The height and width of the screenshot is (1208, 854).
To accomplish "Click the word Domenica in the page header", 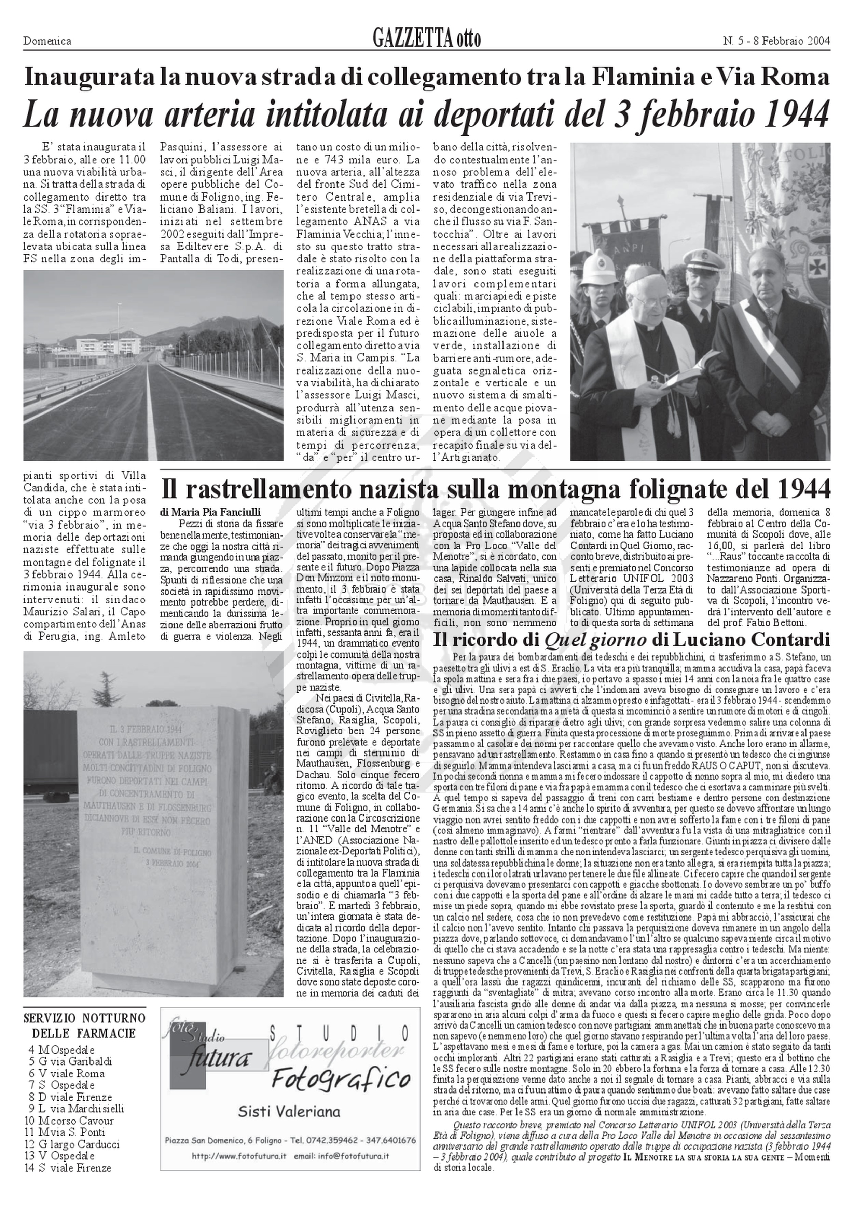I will point(47,41).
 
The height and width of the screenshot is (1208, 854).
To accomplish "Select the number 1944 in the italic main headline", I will point(789,114).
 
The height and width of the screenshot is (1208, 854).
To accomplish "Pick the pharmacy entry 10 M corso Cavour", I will point(69,1120).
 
